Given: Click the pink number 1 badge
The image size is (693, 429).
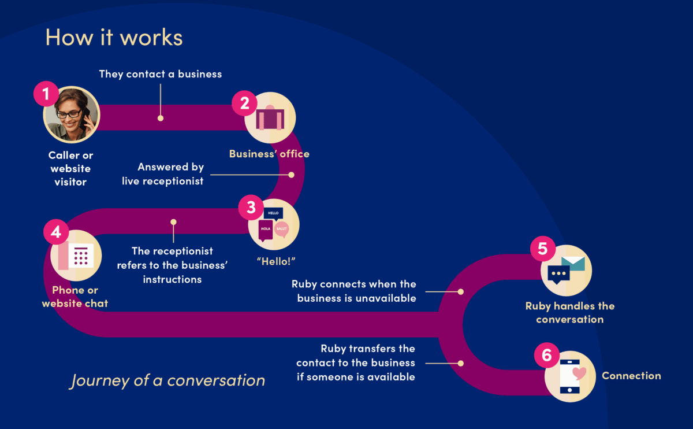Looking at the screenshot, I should click(x=46, y=94).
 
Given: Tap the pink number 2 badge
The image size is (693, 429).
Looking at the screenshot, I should click(x=244, y=103).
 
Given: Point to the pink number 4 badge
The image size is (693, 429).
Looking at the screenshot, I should click(x=56, y=232).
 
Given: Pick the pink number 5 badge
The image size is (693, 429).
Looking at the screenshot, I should click(x=543, y=249).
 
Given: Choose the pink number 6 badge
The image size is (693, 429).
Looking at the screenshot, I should click(x=546, y=355).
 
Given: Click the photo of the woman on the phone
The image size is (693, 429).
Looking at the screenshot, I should click(x=72, y=115).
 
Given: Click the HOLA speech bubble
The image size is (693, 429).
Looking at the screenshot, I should click(x=265, y=229).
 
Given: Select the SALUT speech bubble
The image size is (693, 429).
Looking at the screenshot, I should click(x=282, y=230).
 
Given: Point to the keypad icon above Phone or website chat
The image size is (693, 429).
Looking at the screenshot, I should click(x=80, y=256).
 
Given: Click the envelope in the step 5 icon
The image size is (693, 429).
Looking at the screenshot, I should click(x=573, y=264).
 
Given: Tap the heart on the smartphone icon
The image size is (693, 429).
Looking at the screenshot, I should click(x=579, y=373).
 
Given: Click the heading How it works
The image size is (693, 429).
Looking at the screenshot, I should click(x=114, y=37).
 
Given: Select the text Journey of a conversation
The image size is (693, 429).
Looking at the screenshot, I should click(x=167, y=380).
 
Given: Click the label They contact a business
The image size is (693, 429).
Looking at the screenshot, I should click(x=161, y=74).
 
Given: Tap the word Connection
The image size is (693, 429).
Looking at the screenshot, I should click(x=631, y=376).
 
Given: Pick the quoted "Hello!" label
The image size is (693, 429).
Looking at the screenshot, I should click(x=276, y=261).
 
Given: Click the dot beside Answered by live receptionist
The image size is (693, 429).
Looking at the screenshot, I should click(x=291, y=175).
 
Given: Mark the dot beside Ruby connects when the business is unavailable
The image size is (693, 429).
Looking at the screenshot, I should click(x=460, y=291).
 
